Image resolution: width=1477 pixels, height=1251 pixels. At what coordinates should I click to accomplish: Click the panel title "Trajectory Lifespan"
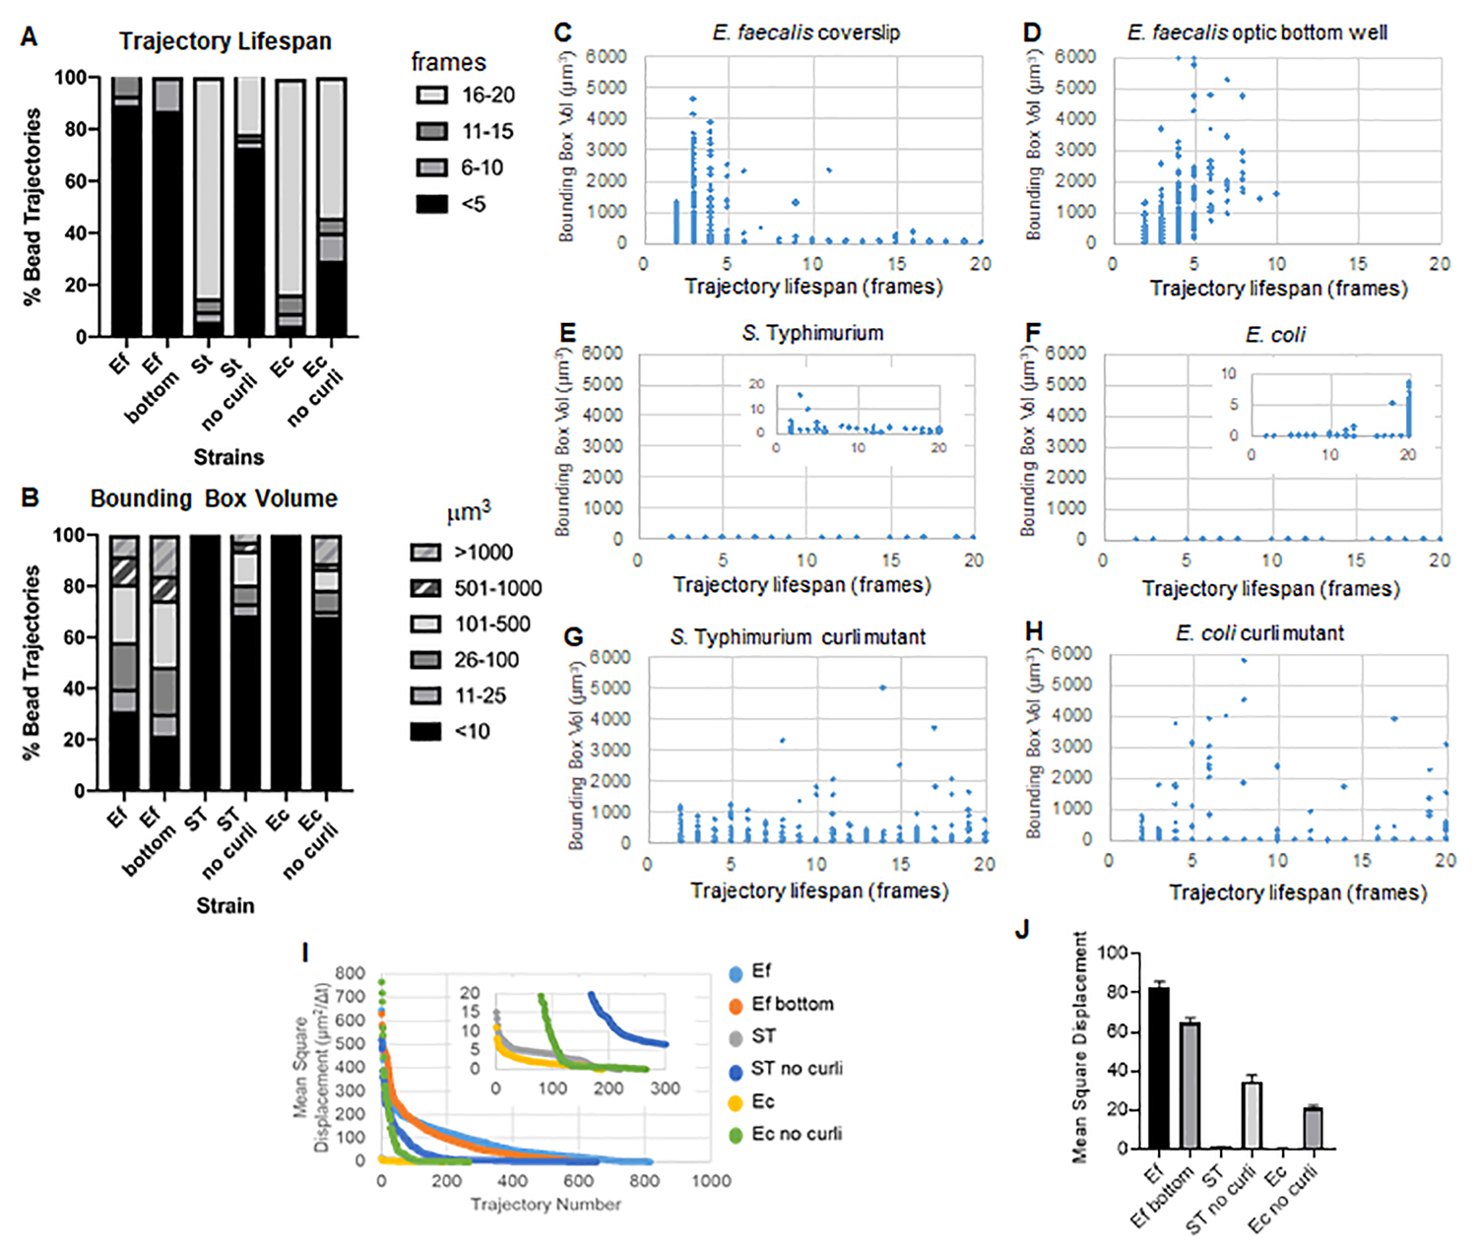point(225,41)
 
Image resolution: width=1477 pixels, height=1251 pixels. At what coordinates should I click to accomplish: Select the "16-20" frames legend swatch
point(431,96)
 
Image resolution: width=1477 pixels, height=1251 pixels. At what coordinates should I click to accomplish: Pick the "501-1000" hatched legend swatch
point(425,589)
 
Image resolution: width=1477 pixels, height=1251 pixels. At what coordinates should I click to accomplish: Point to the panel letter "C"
point(562,33)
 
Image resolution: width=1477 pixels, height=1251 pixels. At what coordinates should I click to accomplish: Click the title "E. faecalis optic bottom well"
point(1256,33)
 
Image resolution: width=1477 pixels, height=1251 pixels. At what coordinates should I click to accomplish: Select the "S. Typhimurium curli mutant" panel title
point(798,637)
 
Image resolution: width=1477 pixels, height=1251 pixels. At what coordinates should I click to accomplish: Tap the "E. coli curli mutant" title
point(1259,633)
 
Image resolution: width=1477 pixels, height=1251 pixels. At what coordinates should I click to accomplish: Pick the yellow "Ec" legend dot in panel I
point(736,1103)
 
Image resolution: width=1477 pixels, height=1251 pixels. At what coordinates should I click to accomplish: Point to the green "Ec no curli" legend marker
point(736,1136)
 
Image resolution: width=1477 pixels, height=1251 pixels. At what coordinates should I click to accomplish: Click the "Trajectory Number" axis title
point(546,1205)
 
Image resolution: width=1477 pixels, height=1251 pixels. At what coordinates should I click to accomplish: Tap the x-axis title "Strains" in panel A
point(228,457)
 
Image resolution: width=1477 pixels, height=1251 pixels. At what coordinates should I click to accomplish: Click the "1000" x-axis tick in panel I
point(711,1181)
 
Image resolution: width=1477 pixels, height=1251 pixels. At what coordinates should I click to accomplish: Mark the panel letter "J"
point(1022,929)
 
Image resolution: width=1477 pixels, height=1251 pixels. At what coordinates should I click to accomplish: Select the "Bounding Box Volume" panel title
point(214,499)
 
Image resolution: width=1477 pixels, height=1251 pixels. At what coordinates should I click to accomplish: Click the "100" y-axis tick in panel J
point(1114,954)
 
